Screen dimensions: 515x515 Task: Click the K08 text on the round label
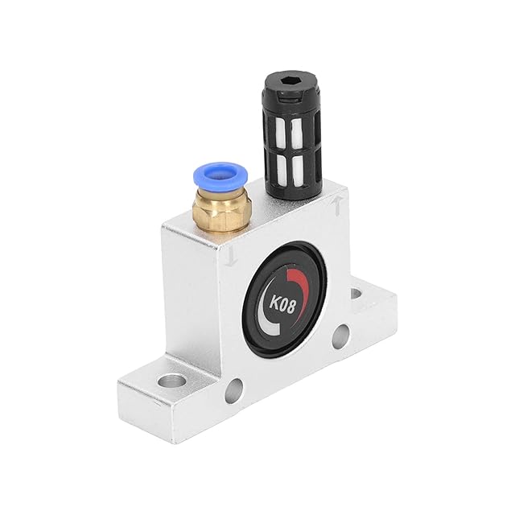[282, 305]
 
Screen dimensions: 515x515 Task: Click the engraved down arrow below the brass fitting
[233, 256]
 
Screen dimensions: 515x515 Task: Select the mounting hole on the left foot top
[171, 381]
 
